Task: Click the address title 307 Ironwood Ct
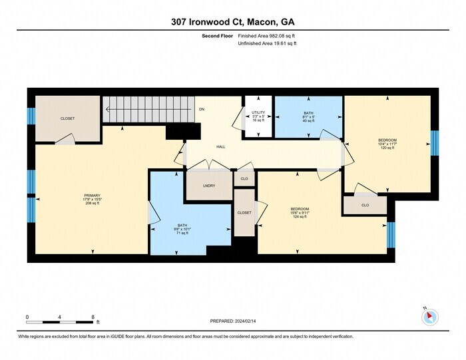coord(232,22)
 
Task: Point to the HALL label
coord(220,147)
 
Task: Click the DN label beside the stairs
coord(201,109)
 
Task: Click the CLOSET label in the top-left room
coord(67,118)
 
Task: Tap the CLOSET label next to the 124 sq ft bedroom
coord(244,212)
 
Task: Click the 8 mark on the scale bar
coord(93,316)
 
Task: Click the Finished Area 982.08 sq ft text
coord(267,36)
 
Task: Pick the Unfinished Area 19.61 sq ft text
coord(267,43)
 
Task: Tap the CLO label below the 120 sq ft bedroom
coord(365,206)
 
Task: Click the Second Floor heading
coord(218,36)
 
